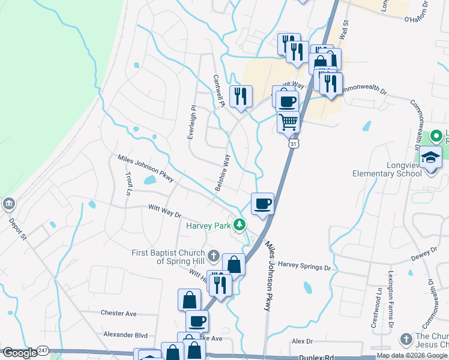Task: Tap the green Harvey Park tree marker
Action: click(x=240, y=225)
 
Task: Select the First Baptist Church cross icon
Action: click(x=213, y=257)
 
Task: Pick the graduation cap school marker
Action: click(x=430, y=157)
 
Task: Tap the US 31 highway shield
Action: click(x=293, y=144)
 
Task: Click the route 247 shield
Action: click(x=43, y=350)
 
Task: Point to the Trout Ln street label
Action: click(x=128, y=184)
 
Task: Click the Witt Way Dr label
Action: click(x=164, y=211)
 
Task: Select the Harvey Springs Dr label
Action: click(x=305, y=265)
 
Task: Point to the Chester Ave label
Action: click(x=119, y=313)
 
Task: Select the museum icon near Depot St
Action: click(x=9, y=204)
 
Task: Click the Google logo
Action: click(x=19, y=353)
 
